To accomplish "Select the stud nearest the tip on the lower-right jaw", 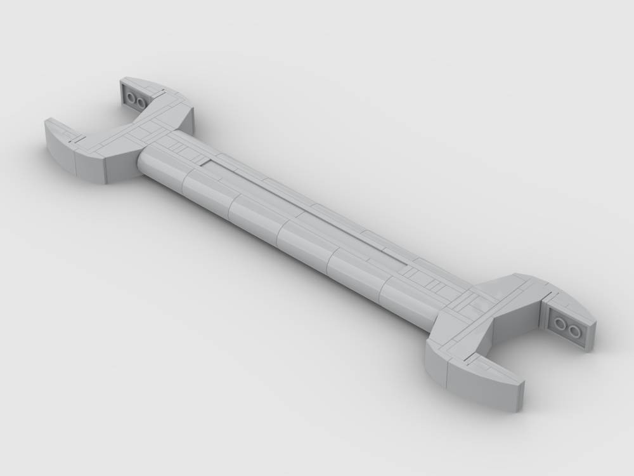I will pos(573,331).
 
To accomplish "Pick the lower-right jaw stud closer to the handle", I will pos(561,324).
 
